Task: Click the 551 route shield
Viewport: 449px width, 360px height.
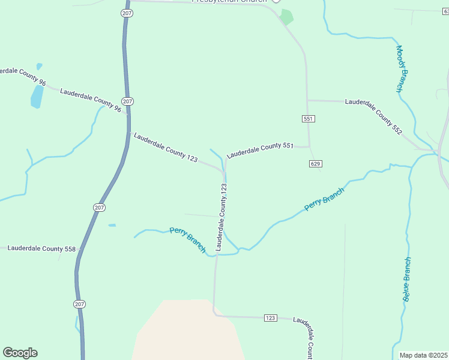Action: (308, 119)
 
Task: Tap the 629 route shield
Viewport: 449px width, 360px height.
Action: (316, 164)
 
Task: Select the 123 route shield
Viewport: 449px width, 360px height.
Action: (270, 317)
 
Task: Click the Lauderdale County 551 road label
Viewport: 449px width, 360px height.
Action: (259, 150)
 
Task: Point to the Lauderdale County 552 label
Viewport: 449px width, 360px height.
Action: (373, 116)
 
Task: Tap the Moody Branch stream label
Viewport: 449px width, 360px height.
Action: (402, 68)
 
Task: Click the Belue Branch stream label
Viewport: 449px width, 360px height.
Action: (407, 279)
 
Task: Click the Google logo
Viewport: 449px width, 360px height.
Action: (20, 353)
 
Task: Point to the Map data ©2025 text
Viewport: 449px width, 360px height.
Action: (424, 355)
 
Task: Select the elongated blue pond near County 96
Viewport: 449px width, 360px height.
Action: (37, 96)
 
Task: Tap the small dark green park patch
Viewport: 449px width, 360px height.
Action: (287, 17)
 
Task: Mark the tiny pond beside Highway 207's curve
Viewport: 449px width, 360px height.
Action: (112, 226)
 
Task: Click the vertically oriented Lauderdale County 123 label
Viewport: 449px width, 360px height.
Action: (221, 217)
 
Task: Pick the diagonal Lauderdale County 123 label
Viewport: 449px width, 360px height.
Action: (165, 148)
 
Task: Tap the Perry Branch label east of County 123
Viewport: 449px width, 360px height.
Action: (324, 199)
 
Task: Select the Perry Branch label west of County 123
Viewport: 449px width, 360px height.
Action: (187, 239)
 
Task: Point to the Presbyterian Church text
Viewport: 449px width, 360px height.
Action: (228, 1)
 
